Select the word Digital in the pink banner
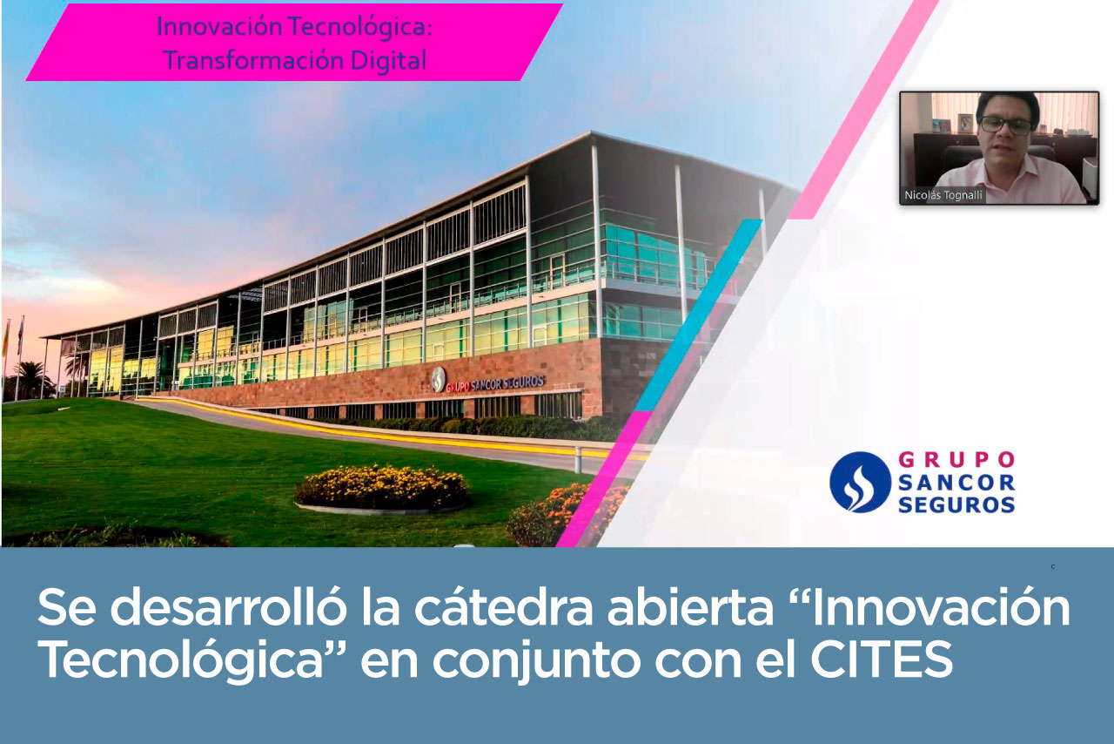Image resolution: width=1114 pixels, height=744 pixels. click(388, 61)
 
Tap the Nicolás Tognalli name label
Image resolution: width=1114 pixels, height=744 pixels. click(943, 195)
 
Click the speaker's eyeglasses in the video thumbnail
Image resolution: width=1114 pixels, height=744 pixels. click(1005, 125)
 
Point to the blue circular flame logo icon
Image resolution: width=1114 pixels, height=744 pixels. click(860, 482)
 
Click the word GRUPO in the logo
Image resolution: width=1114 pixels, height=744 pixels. click(956, 460)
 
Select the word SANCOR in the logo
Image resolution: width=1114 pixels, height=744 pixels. click(956, 483)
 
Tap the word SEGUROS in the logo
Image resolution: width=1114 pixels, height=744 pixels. click(956, 505)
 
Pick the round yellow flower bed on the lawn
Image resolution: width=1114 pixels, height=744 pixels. click(381, 488)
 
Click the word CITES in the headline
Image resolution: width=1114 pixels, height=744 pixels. click(882, 659)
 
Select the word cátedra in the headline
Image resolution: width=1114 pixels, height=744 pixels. click(504, 606)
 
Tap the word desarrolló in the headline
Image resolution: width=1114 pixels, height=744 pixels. click(227, 606)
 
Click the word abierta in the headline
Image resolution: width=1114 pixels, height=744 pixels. click(690, 606)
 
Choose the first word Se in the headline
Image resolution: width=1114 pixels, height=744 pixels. click(67, 607)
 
